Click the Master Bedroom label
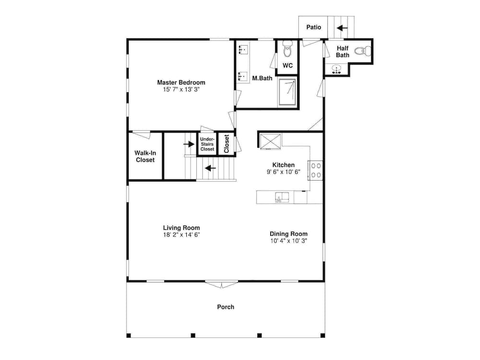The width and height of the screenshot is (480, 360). tap(181, 82)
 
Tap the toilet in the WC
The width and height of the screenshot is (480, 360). tap(288, 49)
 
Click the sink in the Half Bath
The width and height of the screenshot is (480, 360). tap(336, 69)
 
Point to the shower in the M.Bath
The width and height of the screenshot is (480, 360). tap(288, 91)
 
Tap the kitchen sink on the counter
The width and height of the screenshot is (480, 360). tap(282, 197)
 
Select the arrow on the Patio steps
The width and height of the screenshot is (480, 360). tap(342, 28)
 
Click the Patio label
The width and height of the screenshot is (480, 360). tap(313, 27)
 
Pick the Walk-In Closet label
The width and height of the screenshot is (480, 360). tap(145, 156)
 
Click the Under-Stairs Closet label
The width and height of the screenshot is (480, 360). tap(207, 144)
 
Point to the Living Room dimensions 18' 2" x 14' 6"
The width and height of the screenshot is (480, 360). tap(181, 235)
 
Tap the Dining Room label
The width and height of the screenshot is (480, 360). tap(288, 234)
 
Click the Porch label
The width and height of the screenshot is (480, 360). tap(226, 307)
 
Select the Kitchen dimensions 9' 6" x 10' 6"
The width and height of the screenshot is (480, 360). tap(283, 172)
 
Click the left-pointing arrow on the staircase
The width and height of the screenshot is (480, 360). tap(210, 168)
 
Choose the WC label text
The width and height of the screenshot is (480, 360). tap(288, 66)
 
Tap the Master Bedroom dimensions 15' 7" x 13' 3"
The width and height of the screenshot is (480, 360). tap(181, 89)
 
